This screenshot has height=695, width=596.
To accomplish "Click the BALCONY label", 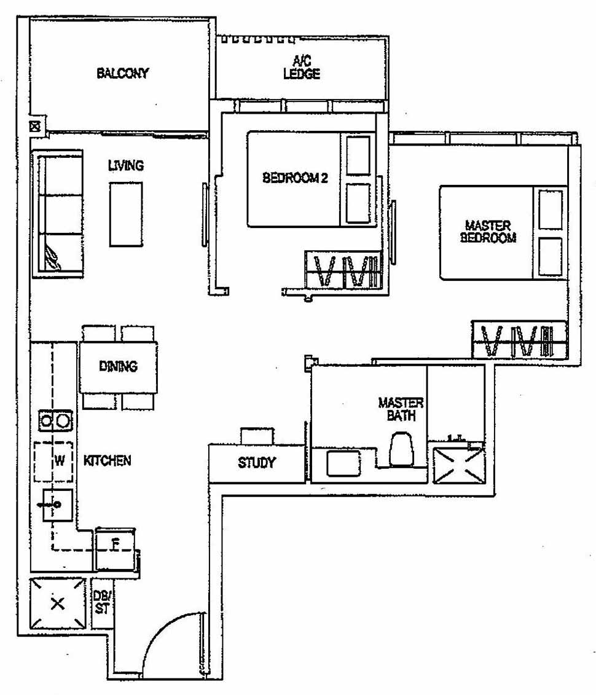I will coord(123,74).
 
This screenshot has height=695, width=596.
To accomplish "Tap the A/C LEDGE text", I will coord(302,68).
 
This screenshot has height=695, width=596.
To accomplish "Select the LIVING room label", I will coord(125,165).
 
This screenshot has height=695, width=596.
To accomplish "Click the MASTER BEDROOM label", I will coord(488,232).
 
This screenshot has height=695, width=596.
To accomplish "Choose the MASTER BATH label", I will coord(401,409).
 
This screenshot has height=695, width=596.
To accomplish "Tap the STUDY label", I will coord(257,463).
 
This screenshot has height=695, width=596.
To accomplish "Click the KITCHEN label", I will coord(108,460).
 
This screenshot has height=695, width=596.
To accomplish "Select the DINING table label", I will coord(118,367).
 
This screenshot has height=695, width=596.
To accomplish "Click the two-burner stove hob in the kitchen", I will coord(55,421).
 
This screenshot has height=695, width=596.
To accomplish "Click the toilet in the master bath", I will coord(402,449).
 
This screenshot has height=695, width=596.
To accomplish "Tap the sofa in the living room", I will coord(59,213).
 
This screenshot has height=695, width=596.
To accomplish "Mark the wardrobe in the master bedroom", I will coord(519,340).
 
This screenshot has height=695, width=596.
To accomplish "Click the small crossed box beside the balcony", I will coord(35,127).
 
